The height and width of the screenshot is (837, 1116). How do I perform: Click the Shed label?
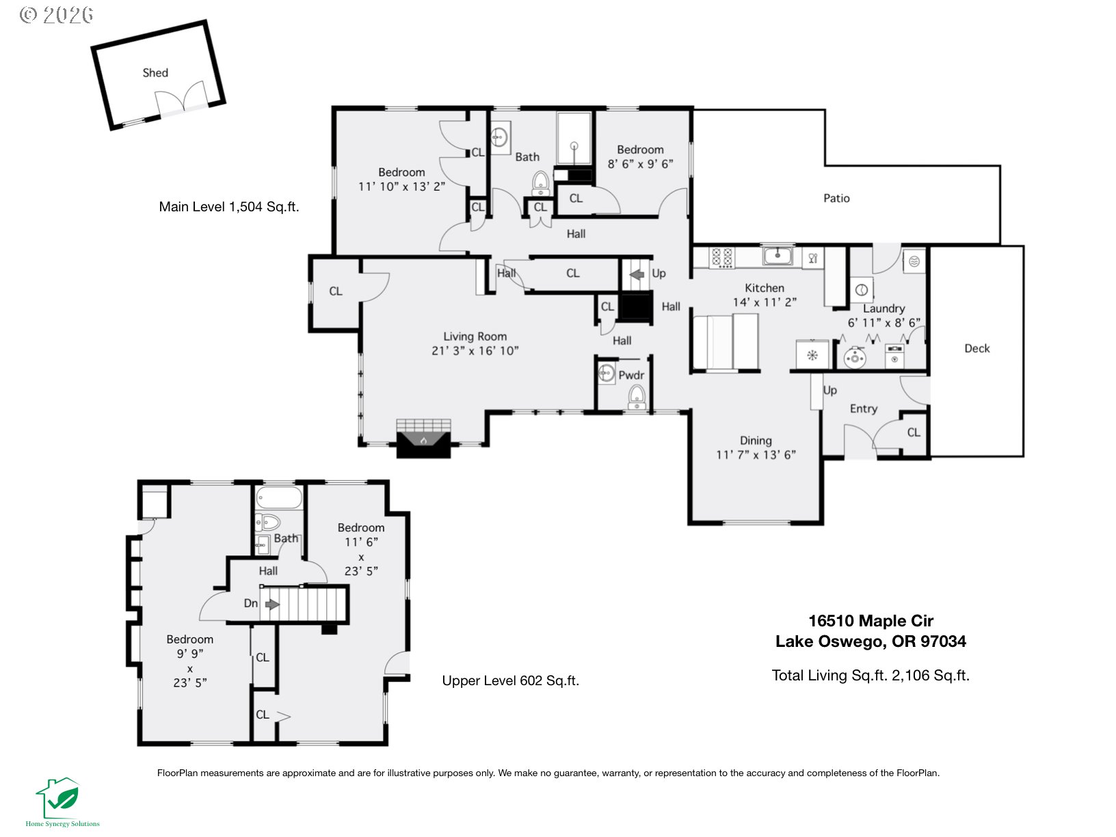(155, 72)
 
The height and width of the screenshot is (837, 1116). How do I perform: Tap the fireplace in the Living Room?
(423, 438)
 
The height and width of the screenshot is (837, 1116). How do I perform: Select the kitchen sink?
(778, 256)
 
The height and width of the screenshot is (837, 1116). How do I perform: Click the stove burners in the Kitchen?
(721, 257)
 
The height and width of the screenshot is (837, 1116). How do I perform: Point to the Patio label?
(836, 198)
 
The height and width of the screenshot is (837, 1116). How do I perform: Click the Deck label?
(976, 348)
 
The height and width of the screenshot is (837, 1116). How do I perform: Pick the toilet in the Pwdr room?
(637, 397)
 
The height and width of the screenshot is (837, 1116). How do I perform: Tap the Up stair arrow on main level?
(637, 274)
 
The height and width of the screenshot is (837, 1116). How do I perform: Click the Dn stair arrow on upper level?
(272, 604)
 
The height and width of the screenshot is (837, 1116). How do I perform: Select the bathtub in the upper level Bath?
(279, 497)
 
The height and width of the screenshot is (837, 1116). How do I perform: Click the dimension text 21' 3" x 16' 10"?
(475, 351)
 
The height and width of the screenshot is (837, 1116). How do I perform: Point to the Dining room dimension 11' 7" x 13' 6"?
(756, 455)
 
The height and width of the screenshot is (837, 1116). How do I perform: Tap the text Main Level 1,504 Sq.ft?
(229, 207)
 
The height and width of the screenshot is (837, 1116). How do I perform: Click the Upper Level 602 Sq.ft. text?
(510, 680)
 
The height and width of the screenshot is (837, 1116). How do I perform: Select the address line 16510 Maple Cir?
(871, 621)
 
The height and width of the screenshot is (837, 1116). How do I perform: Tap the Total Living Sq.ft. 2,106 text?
(871, 676)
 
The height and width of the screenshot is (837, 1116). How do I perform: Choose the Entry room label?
(863, 408)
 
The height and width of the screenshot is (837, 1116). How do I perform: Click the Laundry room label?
(883, 308)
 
